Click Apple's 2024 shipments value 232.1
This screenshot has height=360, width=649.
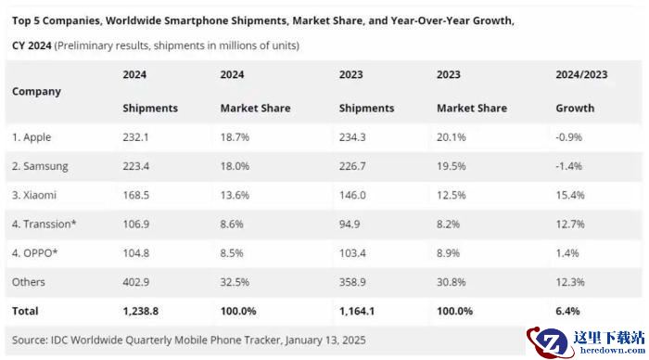(135, 137)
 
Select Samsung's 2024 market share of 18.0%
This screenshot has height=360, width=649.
(235, 166)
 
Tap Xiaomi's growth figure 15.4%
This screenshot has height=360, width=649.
(570, 195)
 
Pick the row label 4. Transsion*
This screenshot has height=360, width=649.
(44, 225)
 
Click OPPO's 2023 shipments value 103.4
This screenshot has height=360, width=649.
(352, 253)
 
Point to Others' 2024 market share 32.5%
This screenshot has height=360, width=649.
(235, 282)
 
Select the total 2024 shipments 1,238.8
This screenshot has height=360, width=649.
(140, 311)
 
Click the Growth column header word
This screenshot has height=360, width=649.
(575, 109)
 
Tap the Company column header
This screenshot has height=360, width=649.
(36, 92)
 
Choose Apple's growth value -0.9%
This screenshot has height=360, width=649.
(568, 137)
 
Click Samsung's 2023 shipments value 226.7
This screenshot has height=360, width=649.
(352, 166)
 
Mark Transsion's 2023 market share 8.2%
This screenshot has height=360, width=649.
(448, 225)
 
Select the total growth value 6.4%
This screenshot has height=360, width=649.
(567, 311)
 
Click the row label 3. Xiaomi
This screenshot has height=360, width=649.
(34, 195)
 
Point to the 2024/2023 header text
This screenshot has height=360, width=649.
(581, 74)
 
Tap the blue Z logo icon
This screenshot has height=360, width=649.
(550, 341)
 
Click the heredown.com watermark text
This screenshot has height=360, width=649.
(613, 351)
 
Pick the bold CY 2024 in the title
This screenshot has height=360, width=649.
(32, 45)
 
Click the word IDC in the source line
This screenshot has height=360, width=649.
(59, 341)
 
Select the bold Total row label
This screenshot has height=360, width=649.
(25, 311)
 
